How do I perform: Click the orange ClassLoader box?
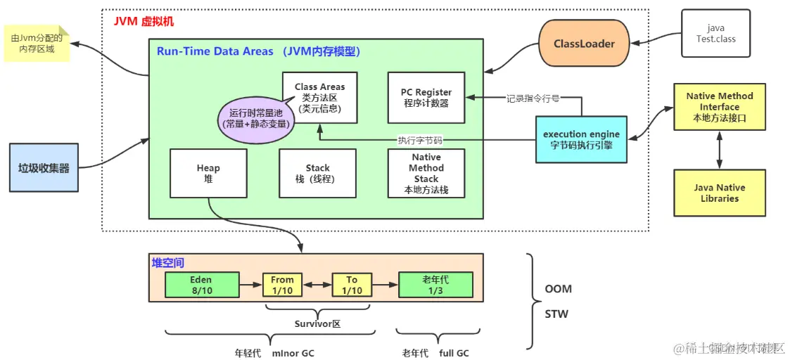[585, 44]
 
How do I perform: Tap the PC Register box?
[426, 98]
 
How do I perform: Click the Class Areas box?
[320, 97]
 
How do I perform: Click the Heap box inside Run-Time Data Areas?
[208, 173]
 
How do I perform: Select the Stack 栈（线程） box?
[317, 173]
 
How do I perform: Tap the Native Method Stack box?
[426, 173]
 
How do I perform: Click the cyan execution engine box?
[581, 139]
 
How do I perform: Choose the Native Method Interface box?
[720, 107]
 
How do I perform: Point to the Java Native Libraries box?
[720, 193]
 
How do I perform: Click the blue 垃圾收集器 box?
[44, 167]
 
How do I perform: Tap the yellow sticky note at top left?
[37, 44]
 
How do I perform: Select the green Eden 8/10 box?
[201, 285]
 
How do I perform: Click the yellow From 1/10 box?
[282, 285]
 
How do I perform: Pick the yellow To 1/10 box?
[352, 285]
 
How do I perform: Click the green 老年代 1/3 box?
[435, 285]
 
